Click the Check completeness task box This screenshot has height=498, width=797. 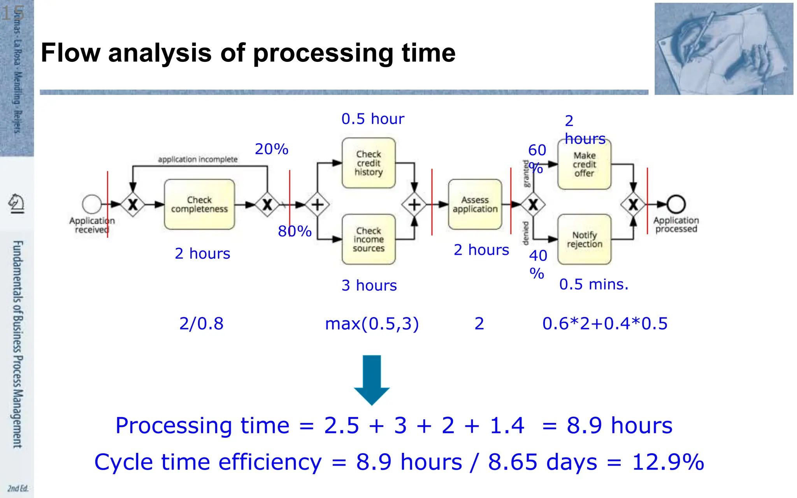pos(199,204)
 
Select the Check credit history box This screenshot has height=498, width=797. pos(369,163)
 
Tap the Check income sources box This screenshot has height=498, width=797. pos(369,239)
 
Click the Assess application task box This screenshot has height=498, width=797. pos(475,204)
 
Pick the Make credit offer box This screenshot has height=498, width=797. pos(584,165)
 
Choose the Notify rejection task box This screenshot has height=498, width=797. pos(584,239)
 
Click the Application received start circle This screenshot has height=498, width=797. pos(92,204)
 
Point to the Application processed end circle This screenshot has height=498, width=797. pos(676,204)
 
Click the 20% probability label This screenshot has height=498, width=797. pos(272,149)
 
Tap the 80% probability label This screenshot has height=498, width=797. pos(295,231)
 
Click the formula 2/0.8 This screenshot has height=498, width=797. pos(201,324)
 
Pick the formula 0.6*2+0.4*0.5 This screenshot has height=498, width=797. pos(605,324)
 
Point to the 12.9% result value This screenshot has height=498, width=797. pos(668,462)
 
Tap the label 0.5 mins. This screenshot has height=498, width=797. pos(593,284)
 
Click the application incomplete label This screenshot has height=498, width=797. pos(198,160)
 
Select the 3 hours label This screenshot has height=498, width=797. pos(369,286)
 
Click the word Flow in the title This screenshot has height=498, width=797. pos(70,53)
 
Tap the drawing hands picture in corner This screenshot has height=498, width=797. pos(723,49)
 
